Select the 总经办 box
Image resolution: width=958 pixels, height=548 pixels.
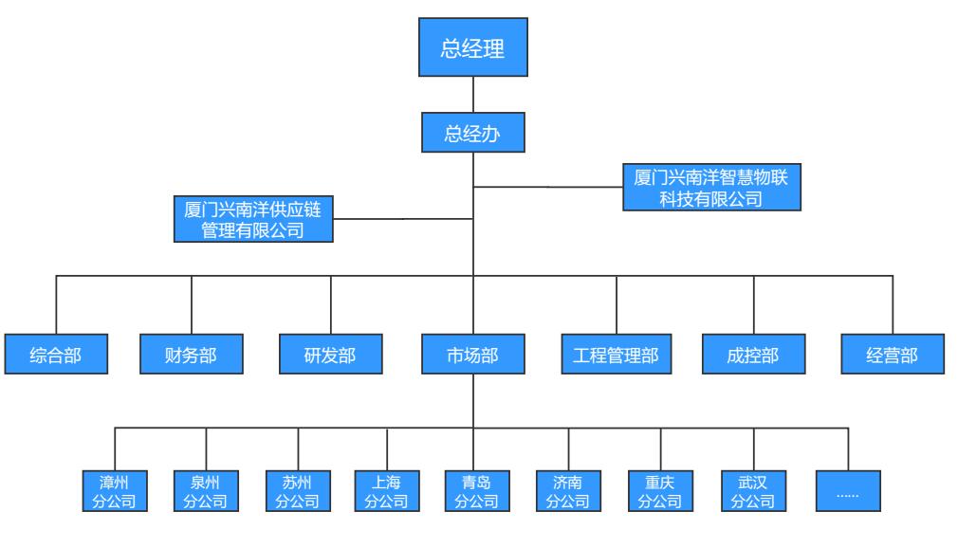tap(472, 133)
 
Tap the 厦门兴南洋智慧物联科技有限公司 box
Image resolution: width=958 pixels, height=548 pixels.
tap(711, 187)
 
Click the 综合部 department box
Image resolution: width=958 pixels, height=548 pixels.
tap(56, 356)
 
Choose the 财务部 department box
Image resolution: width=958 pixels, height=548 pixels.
tap(192, 356)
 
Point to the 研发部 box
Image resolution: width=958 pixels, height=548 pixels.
tap(331, 356)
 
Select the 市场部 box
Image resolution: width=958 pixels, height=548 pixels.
tap(472, 356)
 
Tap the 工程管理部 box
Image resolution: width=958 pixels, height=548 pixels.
tap(617, 356)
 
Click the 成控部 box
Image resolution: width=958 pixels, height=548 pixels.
tap(754, 356)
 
